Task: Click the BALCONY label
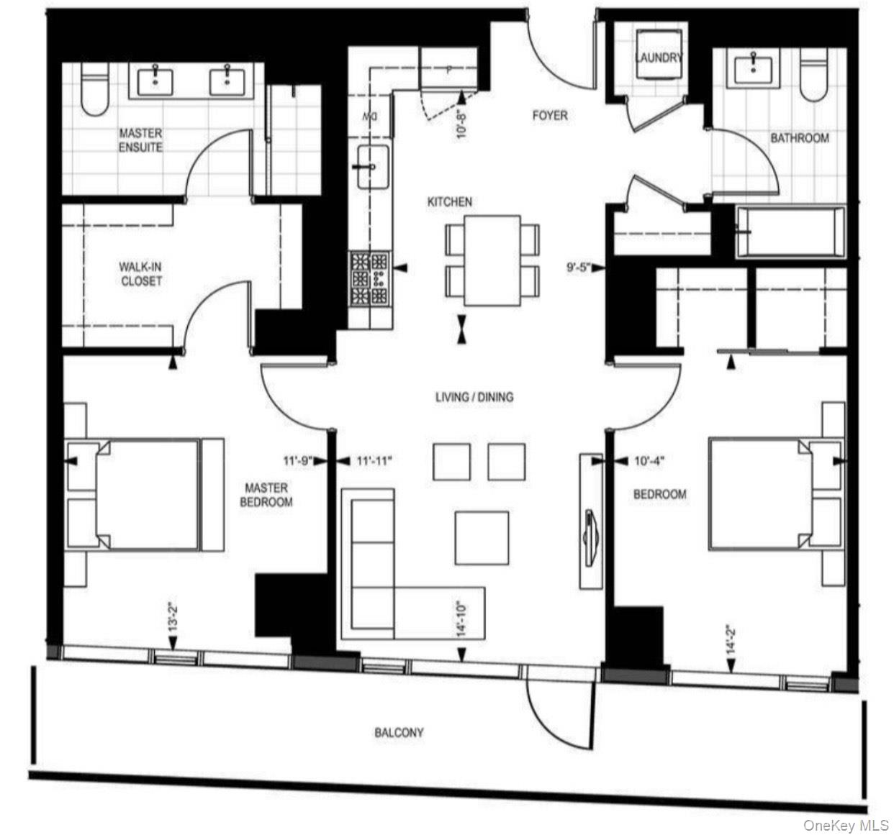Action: (x=399, y=733)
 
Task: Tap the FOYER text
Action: (x=550, y=116)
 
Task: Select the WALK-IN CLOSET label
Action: (x=140, y=273)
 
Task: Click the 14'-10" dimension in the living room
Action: (x=461, y=619)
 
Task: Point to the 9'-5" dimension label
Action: (x=577, y=268)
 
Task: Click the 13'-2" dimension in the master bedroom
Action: (x=173, y=619)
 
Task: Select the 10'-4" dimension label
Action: (x=649, y=461)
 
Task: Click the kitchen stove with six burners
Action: (x=369, y=279)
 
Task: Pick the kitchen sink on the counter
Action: (x=373, y=166)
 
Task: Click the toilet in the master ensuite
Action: (x=95, y=89)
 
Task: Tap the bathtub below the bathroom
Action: (x=790, y=232)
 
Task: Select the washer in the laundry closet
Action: (x=658, y=55)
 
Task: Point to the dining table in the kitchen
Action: (x=492, y=260)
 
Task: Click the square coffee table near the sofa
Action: (x=482, y=538)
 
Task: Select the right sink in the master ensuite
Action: (x=227, y=82)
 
